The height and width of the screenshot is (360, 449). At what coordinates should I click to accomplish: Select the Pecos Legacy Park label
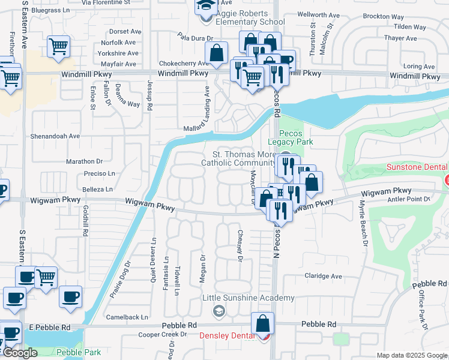296,137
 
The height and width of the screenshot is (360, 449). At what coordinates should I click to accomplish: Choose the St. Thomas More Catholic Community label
238,158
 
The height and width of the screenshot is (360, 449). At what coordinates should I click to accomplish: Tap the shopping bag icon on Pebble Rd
263,323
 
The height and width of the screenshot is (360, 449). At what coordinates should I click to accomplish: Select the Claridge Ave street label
323,276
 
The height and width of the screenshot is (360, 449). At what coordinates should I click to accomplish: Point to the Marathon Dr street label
84,161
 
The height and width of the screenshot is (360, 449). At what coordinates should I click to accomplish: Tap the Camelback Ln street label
127,317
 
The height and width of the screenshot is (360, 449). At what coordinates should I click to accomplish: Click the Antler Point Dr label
410,199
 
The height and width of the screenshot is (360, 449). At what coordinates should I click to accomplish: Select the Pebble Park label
80,352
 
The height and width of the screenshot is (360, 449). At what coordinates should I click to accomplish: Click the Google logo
20,353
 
